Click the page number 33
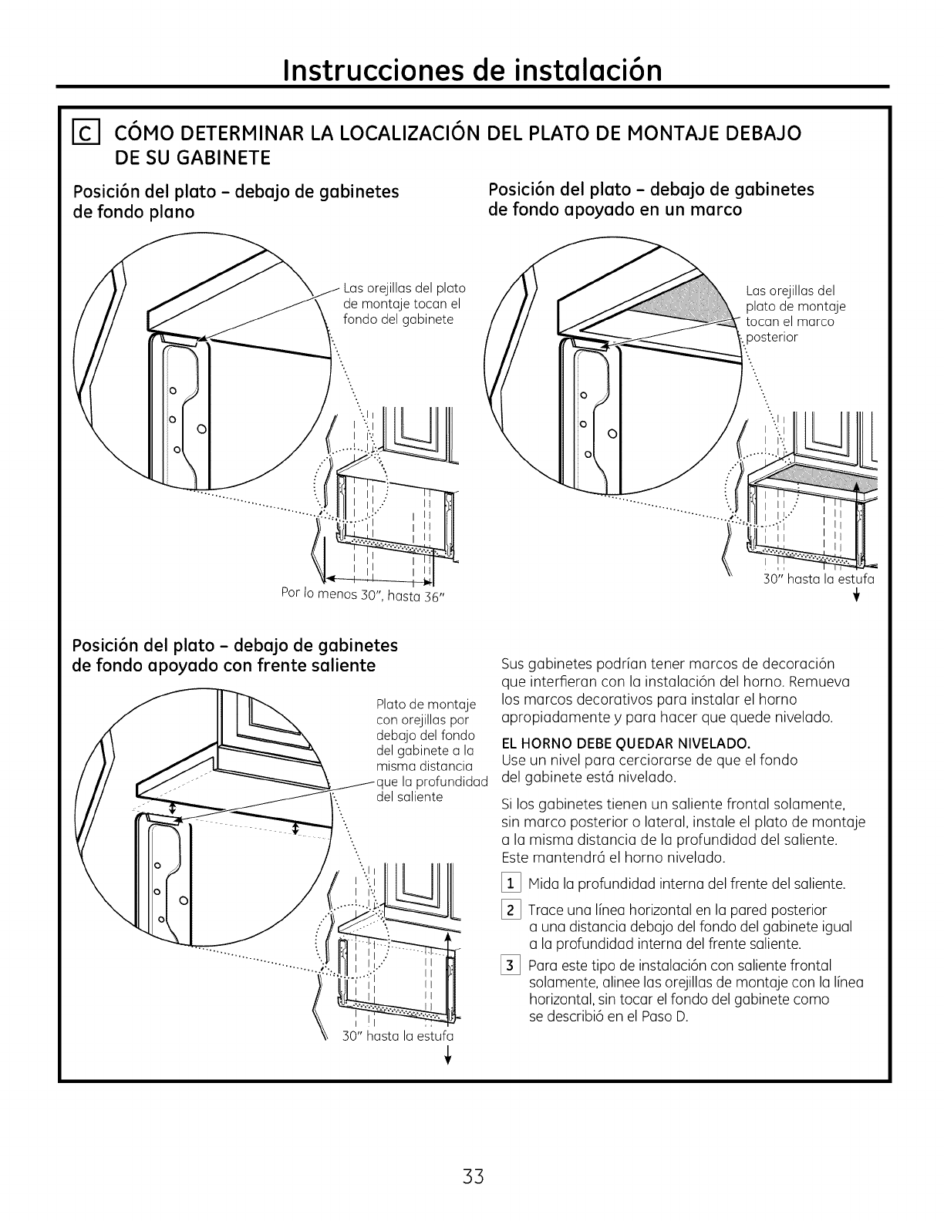[473, 1177]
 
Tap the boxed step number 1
[511, 883]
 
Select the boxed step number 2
[511, 910]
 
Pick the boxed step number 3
[511, 966]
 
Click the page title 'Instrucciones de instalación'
[473, 70]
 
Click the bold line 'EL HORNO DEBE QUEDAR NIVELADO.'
[625, 744]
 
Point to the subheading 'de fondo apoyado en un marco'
[615, 209]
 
